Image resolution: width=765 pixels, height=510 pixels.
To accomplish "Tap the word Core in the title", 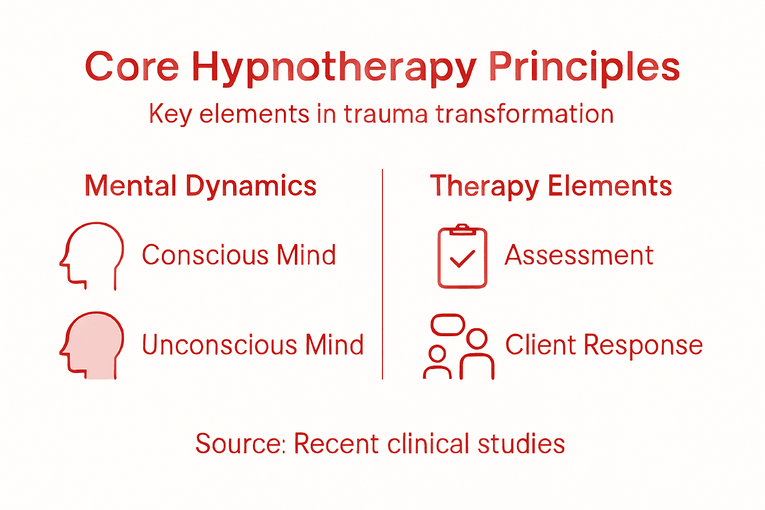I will (131, 67).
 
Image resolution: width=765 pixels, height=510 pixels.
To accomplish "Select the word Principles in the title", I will (584, 67).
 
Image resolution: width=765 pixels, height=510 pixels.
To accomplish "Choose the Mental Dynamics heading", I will (200, 186).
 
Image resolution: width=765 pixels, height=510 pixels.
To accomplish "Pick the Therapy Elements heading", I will (551, 186).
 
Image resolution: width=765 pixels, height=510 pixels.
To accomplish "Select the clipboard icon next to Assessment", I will (462, 257).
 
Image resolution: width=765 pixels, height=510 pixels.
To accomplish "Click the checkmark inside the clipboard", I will (462, 258).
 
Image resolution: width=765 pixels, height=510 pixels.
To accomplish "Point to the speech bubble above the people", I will (447, 325).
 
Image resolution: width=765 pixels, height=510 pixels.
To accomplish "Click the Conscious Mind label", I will (239, 255).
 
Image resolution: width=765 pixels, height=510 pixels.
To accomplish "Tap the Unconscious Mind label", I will (253, 345).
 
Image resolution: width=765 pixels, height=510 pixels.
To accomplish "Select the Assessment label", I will (579, 255).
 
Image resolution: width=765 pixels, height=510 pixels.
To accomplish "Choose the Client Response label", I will (604, 345).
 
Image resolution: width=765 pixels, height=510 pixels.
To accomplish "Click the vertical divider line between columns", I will (382, 274).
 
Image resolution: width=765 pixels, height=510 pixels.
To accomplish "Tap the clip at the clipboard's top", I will (462, 228).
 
